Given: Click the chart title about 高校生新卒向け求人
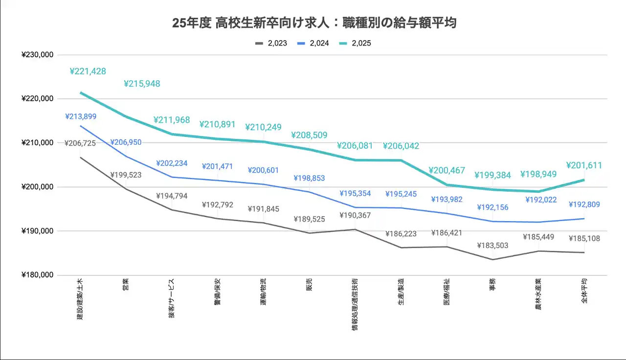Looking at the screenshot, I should point(314,23).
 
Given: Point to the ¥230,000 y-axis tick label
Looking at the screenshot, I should point(38,55).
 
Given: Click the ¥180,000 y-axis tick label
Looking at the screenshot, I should point(38,275).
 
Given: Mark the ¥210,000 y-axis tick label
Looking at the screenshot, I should point(38,143).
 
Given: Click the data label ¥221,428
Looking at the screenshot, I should point(88,71).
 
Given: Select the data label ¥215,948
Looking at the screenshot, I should point(142,84).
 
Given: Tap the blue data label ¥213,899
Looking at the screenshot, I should point(81,116).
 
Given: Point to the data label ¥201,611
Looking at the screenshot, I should point(584,165).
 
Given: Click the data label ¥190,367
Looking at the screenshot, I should point(355,215).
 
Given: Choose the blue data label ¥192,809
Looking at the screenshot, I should point(584,204).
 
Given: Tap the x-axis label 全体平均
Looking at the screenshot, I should point(584,291).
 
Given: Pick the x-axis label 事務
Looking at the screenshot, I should point(492,284).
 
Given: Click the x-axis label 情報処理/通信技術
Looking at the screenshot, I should point(355,304).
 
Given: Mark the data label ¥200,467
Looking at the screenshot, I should point(446,171).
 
